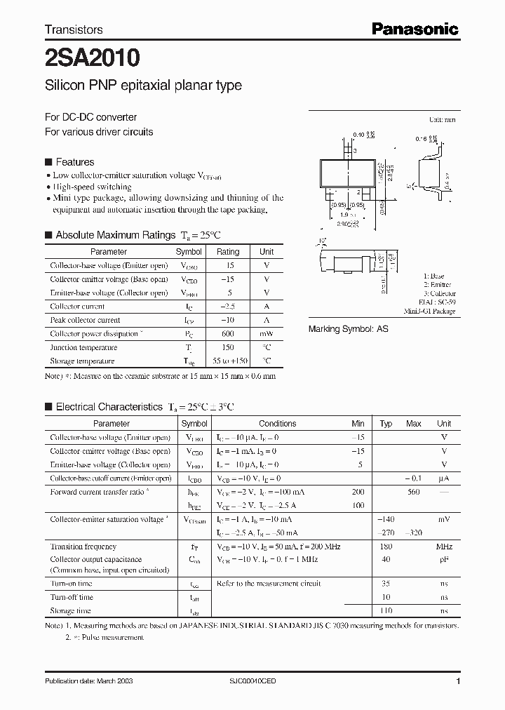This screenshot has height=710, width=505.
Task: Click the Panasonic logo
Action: point(414,29)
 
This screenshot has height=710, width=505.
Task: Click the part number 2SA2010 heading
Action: point(92,56)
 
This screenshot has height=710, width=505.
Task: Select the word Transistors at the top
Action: point(74,29)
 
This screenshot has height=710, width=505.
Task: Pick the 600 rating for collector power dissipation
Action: point(228,334)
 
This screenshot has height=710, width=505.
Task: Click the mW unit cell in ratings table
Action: point(267,334)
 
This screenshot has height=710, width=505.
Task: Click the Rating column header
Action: point(228,251)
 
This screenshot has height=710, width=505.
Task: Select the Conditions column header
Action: point(278,424)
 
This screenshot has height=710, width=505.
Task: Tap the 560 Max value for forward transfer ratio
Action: point(413,492)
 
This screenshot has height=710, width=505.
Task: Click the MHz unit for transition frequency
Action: point(443,547)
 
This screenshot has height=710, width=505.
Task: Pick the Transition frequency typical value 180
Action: point(386,547)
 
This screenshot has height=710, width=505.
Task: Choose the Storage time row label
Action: point(71,611)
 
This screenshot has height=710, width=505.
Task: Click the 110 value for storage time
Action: point(386,611)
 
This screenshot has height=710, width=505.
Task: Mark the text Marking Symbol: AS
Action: point(349,328)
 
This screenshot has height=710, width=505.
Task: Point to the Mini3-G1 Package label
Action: point(429,311)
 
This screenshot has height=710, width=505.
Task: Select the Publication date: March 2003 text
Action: point(89,681)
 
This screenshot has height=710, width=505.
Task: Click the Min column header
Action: point(358,424)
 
